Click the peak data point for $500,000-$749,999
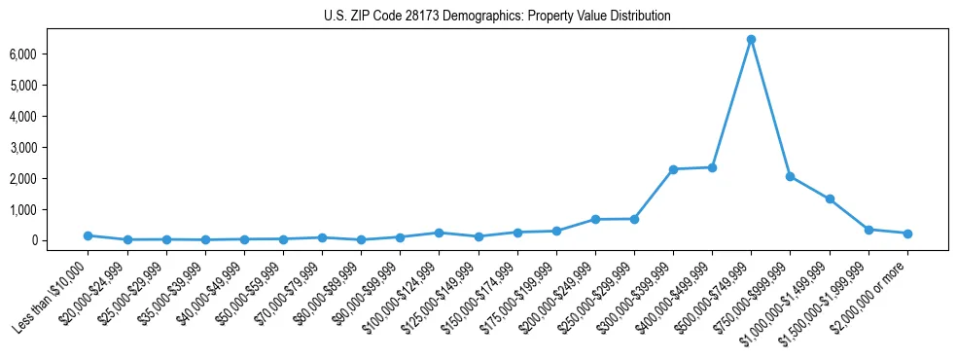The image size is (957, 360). point(751,40)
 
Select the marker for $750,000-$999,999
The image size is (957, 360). point(790,176)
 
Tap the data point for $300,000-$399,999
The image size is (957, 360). point(673,169)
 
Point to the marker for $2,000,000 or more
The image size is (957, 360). point(907,234)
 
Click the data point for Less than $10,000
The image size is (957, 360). point(88,235)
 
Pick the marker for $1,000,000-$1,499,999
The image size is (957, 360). point(830,199)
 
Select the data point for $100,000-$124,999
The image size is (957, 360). point(439,233)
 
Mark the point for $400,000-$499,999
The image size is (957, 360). point(712,167)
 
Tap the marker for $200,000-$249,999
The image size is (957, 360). point(595,220)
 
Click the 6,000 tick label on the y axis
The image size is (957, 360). point(51,54)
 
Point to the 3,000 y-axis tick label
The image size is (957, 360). point(51,148)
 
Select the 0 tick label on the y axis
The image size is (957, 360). point(60,240)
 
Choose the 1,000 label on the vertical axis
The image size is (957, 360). point(51,209)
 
